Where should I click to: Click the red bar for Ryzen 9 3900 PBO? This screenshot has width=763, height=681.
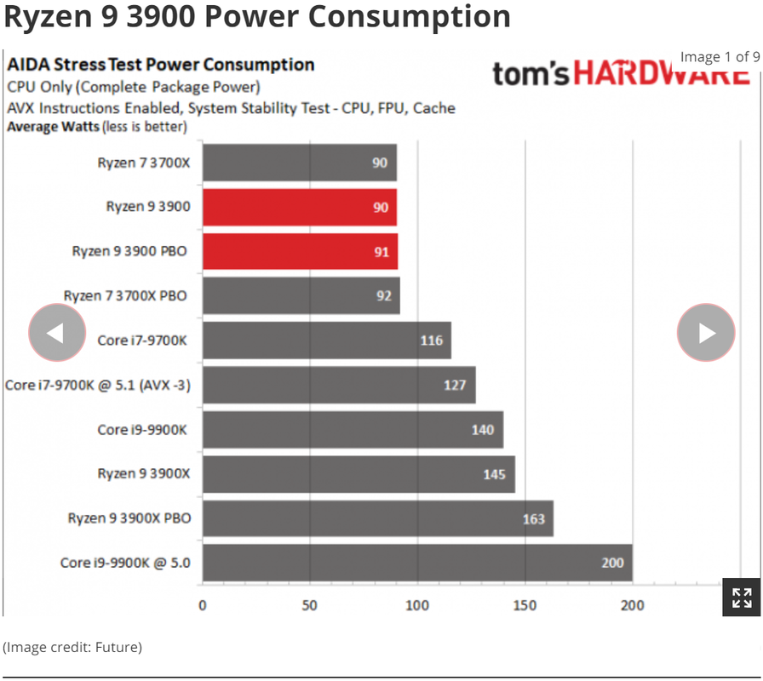[x=300, y=252]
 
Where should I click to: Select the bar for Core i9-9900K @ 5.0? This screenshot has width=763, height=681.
[x=417, y=563]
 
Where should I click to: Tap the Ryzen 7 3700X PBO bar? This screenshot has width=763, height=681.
[x=301, y=296]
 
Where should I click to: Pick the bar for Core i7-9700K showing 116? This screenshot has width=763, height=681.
[x=327, y=340]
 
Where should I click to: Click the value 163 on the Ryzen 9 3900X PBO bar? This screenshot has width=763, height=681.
[x=534, y=518]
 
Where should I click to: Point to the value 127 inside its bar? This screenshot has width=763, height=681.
[x=455, y=385]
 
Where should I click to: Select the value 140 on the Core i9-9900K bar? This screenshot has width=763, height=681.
[x=483, y=430]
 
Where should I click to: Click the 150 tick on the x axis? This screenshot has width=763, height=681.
[x=525, y=605]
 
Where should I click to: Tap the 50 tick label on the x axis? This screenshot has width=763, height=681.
[x=309, y=605]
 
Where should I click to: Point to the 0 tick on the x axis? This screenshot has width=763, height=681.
[x=203, y=605]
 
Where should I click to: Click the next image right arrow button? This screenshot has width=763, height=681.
[x=706, y=333]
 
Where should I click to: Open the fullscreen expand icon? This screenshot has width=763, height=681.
[x=741, y=597]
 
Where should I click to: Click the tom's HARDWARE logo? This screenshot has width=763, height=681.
[x=620, y=75]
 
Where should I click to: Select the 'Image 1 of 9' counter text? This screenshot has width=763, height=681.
[x=720, y=57]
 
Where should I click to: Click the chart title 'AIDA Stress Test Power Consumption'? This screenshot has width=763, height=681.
[x=161, y=65]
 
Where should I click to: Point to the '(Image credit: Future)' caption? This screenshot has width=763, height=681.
[x=72, y=647]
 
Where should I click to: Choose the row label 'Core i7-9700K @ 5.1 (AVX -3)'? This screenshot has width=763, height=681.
[x=98, y=386]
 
